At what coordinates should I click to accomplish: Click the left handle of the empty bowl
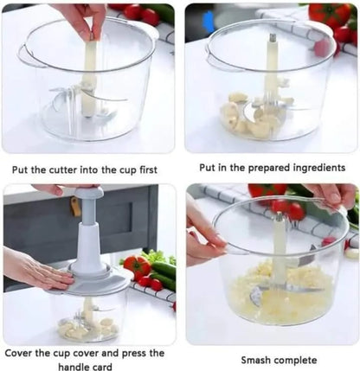click(26, 57)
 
